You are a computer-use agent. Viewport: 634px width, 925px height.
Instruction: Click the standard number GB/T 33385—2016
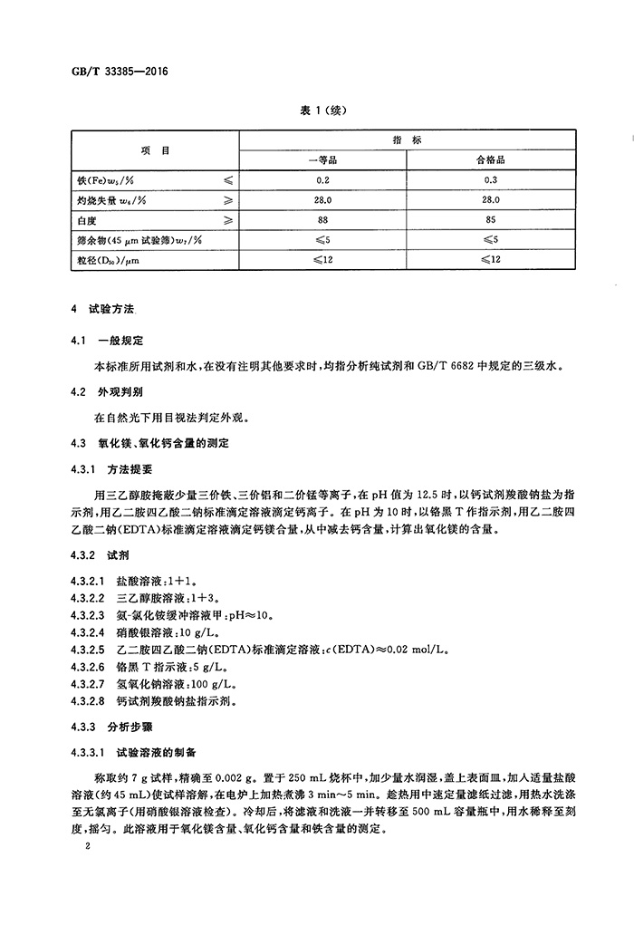(x=118, y=71)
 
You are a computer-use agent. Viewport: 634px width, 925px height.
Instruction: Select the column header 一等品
(x=322, y=159)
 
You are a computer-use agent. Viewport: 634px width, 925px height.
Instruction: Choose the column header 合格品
(x=490, y=159)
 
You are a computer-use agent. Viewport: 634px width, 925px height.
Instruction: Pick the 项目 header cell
(x=155, y=150)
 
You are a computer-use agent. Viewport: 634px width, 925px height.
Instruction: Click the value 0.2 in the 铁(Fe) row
(x=322, y=179)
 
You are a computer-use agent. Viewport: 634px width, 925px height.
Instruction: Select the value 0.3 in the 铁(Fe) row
(x=490, y=179)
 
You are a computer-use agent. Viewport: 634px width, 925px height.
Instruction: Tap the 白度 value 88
(x=322, y=220)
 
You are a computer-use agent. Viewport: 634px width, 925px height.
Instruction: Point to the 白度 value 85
(x=490, y=220)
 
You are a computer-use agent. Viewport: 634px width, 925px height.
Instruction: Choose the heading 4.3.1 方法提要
(x=112, y=469)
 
